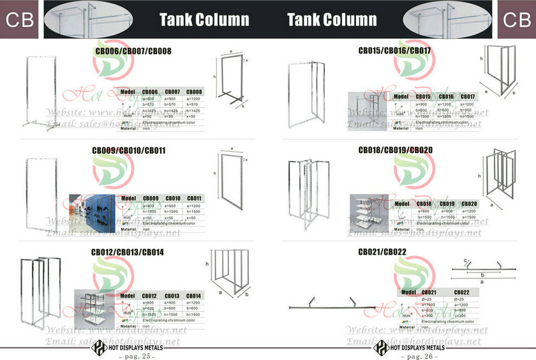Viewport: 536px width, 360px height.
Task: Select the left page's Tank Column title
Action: click(204, 19)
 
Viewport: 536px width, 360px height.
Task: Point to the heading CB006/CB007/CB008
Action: click(133, 50)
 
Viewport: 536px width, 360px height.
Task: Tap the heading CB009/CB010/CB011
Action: click(128, 151)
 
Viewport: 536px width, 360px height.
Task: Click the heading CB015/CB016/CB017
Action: click(394, 50)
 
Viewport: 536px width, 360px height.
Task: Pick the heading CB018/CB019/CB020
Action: click(394, 151)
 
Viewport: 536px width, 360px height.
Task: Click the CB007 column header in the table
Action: click(173, 92)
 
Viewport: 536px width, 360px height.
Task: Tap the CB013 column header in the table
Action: click(173, 296)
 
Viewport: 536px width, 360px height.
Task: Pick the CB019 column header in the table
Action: click(446, 204)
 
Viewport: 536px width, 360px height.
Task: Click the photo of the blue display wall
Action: click(93, 210)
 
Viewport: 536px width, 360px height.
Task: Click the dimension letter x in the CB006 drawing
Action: click(247, 60)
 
